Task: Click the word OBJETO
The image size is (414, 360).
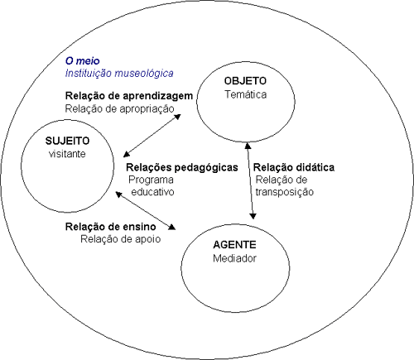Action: tap(245, 81)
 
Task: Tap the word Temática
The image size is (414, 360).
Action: tap(245, 94)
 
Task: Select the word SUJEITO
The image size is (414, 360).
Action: tap(67, 141)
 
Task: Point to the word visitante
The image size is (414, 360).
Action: tap(67, 154)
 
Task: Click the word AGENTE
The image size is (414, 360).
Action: tap(234, 245)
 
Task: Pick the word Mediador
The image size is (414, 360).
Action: tap(234, 258)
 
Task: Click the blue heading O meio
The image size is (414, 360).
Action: tap(82, 60)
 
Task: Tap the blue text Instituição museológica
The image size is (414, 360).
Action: tap(119, 74)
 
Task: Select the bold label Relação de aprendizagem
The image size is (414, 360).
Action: tap(129, 96)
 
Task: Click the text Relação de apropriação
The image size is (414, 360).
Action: tap(119, 108)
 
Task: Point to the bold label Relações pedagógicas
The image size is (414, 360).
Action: tap(182, 167)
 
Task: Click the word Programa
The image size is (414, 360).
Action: tap(151, 180)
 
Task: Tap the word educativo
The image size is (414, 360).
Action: tap(152, 192)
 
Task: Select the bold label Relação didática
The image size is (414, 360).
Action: tap(294, 167)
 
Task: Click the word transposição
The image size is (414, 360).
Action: tap(285, 192)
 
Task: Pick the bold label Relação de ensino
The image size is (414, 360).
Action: tap(110, 227)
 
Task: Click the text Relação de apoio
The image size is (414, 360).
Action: tap(120, 239)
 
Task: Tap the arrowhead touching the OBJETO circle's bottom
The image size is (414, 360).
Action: tap(248, 145)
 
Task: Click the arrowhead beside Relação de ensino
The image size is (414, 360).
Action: tap(171, 227)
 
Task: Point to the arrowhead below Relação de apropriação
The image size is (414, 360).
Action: tap(177, 117)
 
